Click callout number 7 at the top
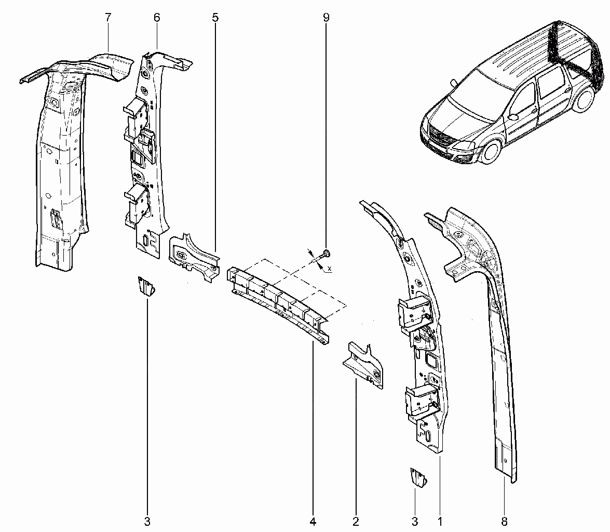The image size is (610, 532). point(108,17)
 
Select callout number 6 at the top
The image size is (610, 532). point(157,17)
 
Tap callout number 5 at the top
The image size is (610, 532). point(215,17)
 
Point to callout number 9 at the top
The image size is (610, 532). point(326,17)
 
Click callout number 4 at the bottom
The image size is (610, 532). point(313,521)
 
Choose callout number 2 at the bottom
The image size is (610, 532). point(356,521)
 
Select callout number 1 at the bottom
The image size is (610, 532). point(440,521)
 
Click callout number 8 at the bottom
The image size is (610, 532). point(505,521)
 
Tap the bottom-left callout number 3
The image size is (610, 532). point(147,521)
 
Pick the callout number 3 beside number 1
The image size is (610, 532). point(415,521)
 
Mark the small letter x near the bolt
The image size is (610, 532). point(330,268)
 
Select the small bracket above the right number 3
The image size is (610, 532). point(418,477)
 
